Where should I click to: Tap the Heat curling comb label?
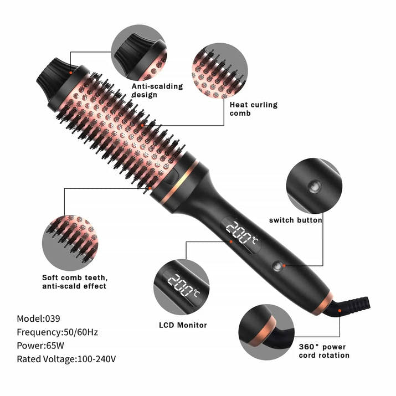click(253, 109)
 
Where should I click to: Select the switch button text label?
click(295, 220)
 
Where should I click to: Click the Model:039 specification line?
click(38, 318)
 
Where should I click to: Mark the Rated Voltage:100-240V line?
click(66, 359)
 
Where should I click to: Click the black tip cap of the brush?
click(53, 79)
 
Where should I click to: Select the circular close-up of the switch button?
click(313, 186)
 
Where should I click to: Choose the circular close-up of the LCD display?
click(181, 287)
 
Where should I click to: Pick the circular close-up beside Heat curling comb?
click(220, 70)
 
